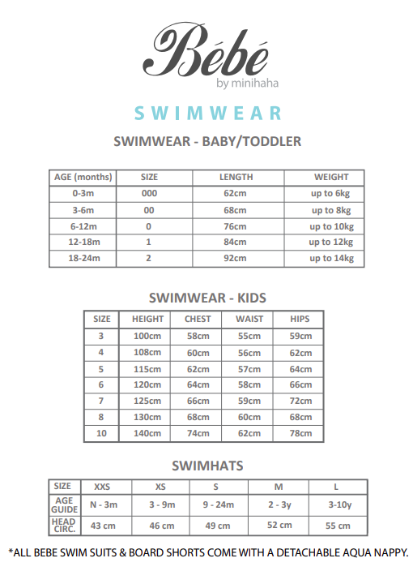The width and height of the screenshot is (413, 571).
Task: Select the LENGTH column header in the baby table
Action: click(236, 177)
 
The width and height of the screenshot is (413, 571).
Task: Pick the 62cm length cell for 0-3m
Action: click(236, 193)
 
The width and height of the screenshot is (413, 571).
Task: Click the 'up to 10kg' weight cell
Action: click(331, 226)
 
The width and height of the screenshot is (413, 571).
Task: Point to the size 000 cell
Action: click(149, 193)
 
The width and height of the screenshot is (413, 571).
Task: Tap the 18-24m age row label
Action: click(84, 258)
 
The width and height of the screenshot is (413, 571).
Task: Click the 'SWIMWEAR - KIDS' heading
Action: click(208, 298)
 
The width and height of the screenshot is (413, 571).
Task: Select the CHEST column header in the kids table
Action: click(198, 319)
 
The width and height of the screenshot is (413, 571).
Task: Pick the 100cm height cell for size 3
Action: click(147, 336)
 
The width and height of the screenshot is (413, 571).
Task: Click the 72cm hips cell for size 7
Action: click(300, 401)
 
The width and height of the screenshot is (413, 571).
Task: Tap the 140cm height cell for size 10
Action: click(147, 433)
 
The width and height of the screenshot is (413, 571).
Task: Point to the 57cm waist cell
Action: click(249, 368)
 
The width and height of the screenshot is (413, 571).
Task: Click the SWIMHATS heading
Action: click(207, 466)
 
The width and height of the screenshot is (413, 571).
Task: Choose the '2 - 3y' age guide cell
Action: click(278, 504)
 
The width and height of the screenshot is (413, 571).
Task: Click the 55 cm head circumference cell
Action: click(337, 525)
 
